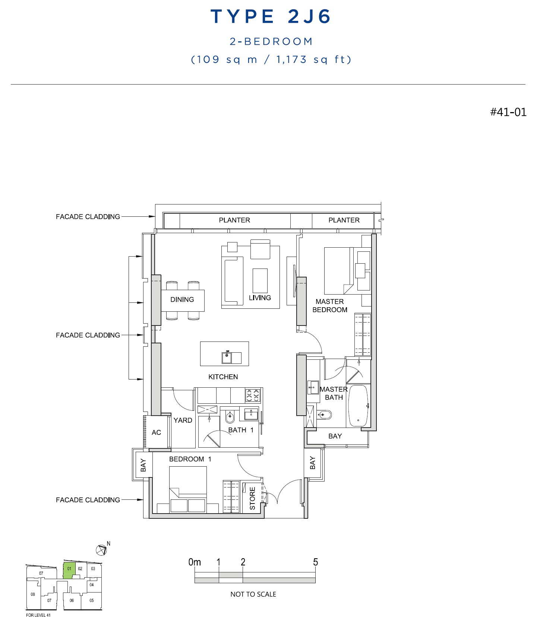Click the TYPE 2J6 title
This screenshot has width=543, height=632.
pos(271,16)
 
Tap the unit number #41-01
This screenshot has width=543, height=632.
pos(508,112)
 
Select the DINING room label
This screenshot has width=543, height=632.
pos(182,299)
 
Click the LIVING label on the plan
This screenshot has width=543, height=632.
pos(260,298)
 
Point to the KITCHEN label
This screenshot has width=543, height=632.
pos(223,377)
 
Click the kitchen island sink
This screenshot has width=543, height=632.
pos(227,358)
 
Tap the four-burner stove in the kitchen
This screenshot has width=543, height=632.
pos(253,395)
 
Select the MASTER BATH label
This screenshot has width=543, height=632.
pos(334,393)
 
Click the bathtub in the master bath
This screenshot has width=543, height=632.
pos(359,406)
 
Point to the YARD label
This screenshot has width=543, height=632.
pos(183,420)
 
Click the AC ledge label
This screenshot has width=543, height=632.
pos(156,432)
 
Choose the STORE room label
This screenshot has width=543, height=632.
pos(252,498)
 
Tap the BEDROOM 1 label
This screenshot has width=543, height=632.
pos(190,459)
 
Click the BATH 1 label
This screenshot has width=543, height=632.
pos(241,430)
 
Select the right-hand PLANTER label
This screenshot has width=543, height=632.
pos(344,220)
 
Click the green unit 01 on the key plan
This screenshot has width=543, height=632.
pos(69,571)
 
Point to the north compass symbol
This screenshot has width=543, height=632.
pos(101,550)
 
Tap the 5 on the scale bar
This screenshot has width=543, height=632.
pos(315,562)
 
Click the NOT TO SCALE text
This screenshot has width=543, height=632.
pos(253,594)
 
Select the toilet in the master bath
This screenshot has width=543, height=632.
pos(325,415)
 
